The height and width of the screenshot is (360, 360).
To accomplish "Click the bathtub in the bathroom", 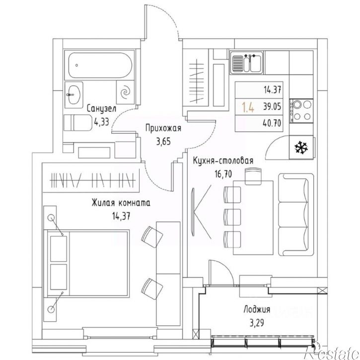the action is pyautogui.click(x=100, y=65).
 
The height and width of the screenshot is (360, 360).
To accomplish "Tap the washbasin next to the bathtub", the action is pyautogui.click(x=73, y=94).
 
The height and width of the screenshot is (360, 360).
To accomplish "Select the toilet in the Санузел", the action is pyautogui.click(x=77, y=123).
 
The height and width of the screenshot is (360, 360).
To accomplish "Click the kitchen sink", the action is pyautogui.click(x=247, y=62).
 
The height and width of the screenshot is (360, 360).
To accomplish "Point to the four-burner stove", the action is pyautogui.click(x=301, y=111).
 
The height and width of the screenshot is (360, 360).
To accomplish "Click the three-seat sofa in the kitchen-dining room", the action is pyautogui.click(x=296, y=215).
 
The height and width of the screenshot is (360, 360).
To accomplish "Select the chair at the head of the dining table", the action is pyautogui.click(x=253, y=176).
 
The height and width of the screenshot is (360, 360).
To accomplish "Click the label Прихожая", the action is pyautogui.click(x=163, y=128).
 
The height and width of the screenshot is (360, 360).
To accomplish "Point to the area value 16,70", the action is pyautogui.click(x=223, y=174).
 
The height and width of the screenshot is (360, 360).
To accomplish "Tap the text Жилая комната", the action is pyautogui.click(x=121, y=203).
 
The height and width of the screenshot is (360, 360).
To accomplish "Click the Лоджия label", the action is pyautogui.click(x=257, y=310).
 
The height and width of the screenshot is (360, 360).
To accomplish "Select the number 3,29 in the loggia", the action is pyautogui.click(x=257, y=323).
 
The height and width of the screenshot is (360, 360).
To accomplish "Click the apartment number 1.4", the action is pyautogui.click(x=248, y=107).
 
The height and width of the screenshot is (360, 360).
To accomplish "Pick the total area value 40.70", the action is pyautogui.click(x=272, y=123).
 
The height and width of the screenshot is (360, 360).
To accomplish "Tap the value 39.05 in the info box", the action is pyautogui.click(x=272, y=107).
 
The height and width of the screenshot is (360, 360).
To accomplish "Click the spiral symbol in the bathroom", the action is pyautogui.click(x=126, y=92).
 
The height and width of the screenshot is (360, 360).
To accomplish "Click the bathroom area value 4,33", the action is pyautogui.click(x=101, y=122).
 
